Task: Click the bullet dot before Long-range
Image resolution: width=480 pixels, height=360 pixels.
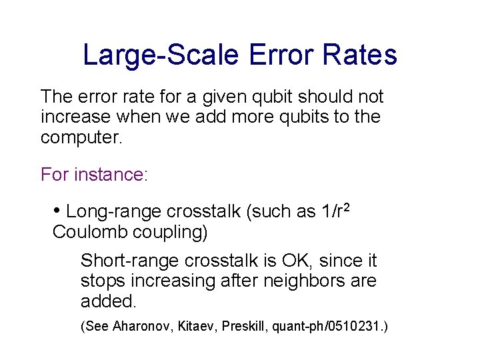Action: pos(57,211)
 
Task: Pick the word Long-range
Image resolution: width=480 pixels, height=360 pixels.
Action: pos(114,212)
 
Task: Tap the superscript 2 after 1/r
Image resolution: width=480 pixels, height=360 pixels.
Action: pos(346,207)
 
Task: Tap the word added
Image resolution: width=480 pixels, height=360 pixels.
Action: pos(107,301)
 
